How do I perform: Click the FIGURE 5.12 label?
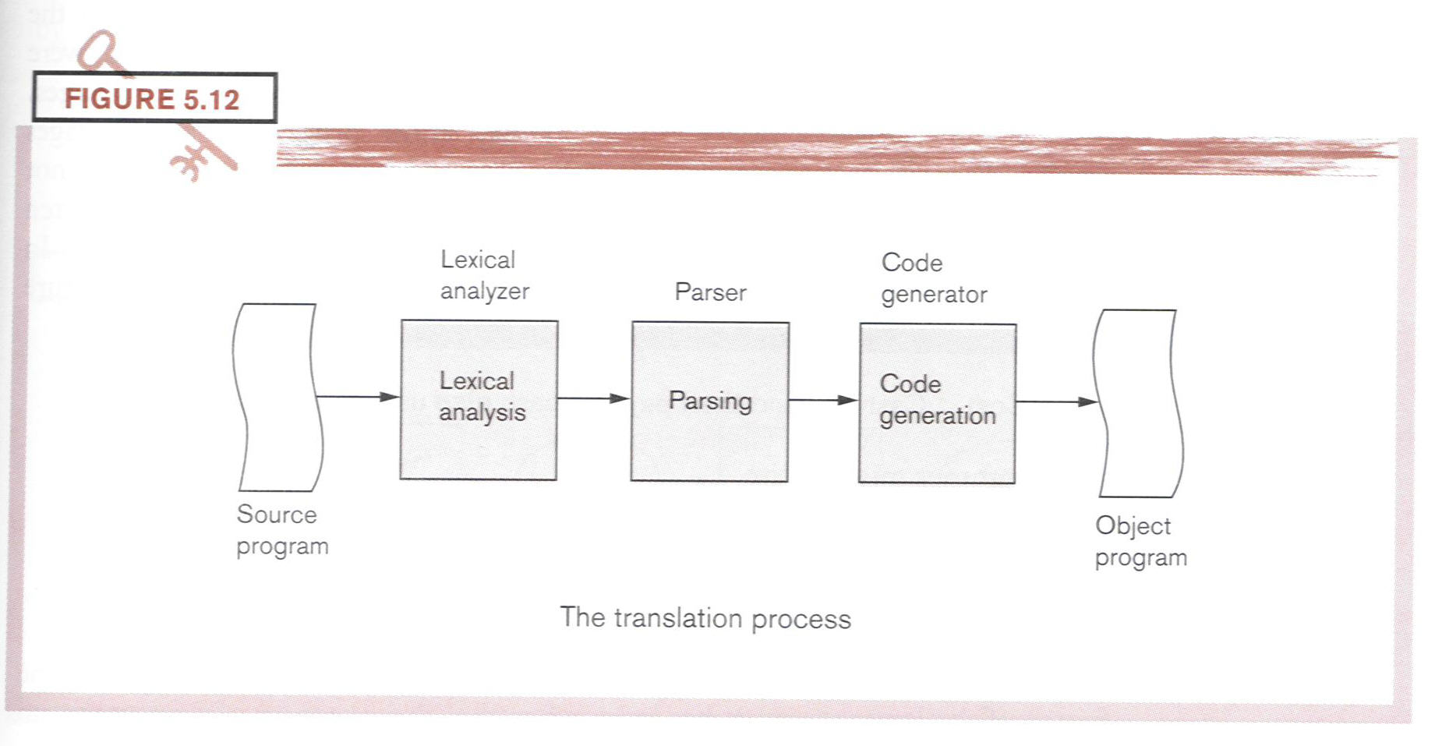[x=154, y=98]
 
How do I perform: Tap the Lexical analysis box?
[x=479, y=400]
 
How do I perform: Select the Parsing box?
[x=709, y=401]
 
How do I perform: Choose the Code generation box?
[x=937, y=403]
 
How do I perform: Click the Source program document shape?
[x=277, y=398]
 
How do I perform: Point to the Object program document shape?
[x=1138, y=403]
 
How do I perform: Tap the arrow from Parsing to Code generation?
[x=823, y=400]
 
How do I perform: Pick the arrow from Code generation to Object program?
[x=1056, y=401]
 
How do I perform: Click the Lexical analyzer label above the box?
[x=484, y=275]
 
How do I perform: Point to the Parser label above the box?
[x=710, y=292]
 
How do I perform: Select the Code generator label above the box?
[x=934, y=278]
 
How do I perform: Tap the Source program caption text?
[x=282, y=530]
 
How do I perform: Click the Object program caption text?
[x=1140, y=542]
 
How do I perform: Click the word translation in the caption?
[x=677, y=618]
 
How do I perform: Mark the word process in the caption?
[x=801, y=620]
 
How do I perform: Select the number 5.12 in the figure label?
[x=211, y=100]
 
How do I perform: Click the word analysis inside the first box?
[x=482, y=412]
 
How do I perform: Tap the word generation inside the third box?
[x=938, y=416]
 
